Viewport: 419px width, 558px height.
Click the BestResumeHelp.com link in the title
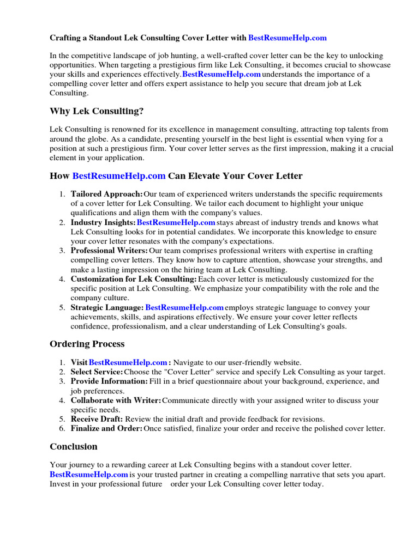287,38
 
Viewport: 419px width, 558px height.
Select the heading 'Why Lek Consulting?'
97,111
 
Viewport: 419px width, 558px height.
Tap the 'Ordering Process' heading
87,344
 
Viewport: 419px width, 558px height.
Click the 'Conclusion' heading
74,446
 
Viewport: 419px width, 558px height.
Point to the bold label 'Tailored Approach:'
107,195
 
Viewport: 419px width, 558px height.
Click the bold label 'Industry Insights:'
103,223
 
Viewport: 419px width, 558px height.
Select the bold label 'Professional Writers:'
109,251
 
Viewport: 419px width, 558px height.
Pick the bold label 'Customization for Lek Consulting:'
134,279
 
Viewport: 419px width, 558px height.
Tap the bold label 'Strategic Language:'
107,307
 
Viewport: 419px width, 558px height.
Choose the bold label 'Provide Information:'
109,381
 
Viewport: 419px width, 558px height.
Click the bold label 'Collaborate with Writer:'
116,401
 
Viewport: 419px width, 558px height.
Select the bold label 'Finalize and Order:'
107,428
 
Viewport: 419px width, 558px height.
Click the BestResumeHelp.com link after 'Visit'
128,362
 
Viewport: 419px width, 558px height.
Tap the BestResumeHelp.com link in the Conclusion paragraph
89,475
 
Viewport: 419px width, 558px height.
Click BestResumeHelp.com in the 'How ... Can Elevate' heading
118,176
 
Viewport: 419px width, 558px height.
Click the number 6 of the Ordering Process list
61,428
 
